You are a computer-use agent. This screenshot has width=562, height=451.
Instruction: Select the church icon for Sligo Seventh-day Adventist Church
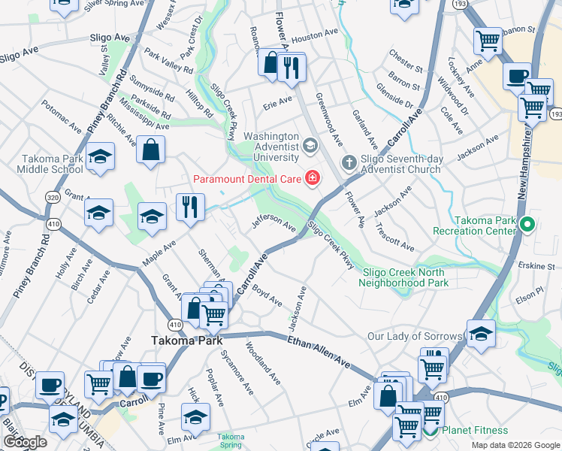point(349,162)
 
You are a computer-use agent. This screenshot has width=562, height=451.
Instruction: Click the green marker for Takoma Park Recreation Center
point(527,223)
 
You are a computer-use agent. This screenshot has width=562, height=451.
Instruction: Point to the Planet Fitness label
point(474,431)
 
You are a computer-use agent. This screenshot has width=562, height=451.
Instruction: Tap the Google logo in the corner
point(25,442)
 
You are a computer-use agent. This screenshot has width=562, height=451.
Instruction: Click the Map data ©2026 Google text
point(515,445)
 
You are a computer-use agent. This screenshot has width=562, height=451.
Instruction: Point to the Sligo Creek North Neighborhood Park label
point(403,277)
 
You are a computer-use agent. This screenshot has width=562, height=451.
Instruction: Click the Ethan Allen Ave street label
point(319,353)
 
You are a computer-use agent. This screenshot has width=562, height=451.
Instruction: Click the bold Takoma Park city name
point(186,341)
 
